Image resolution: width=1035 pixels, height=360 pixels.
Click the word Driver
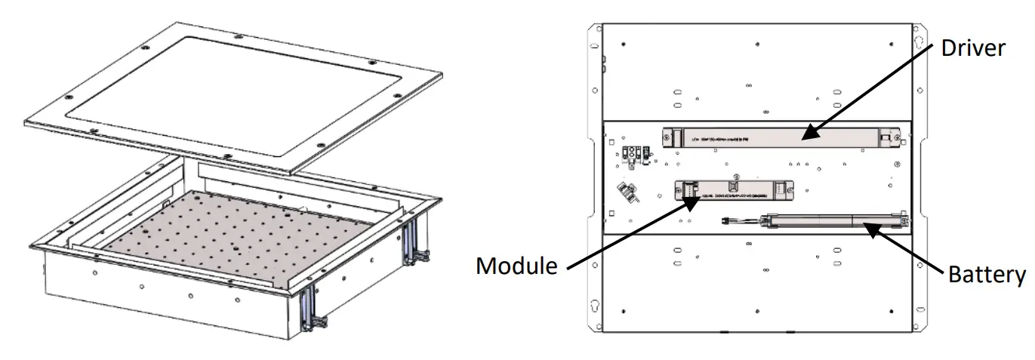973,49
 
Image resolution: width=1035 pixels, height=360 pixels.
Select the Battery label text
986,274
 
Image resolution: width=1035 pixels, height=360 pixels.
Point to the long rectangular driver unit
778,138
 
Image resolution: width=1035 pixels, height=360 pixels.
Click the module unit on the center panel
732,192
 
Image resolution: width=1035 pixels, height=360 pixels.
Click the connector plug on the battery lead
728,223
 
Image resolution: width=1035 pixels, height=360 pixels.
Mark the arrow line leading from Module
627,234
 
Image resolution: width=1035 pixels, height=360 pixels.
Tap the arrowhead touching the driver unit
806,137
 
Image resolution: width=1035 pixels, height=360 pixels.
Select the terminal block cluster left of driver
634,153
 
